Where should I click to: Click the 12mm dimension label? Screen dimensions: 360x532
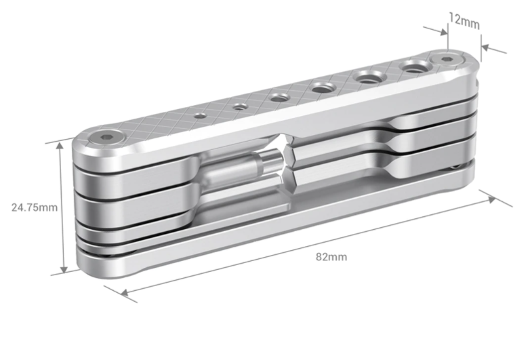tap(464, 21)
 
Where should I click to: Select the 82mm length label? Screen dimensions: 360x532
tap(328, 257)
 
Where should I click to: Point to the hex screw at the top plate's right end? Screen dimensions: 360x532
tap(449, 61)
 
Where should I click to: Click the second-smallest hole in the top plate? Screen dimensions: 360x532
tap(239, 106)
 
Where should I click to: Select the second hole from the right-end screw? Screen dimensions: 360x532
tap(369, 77)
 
